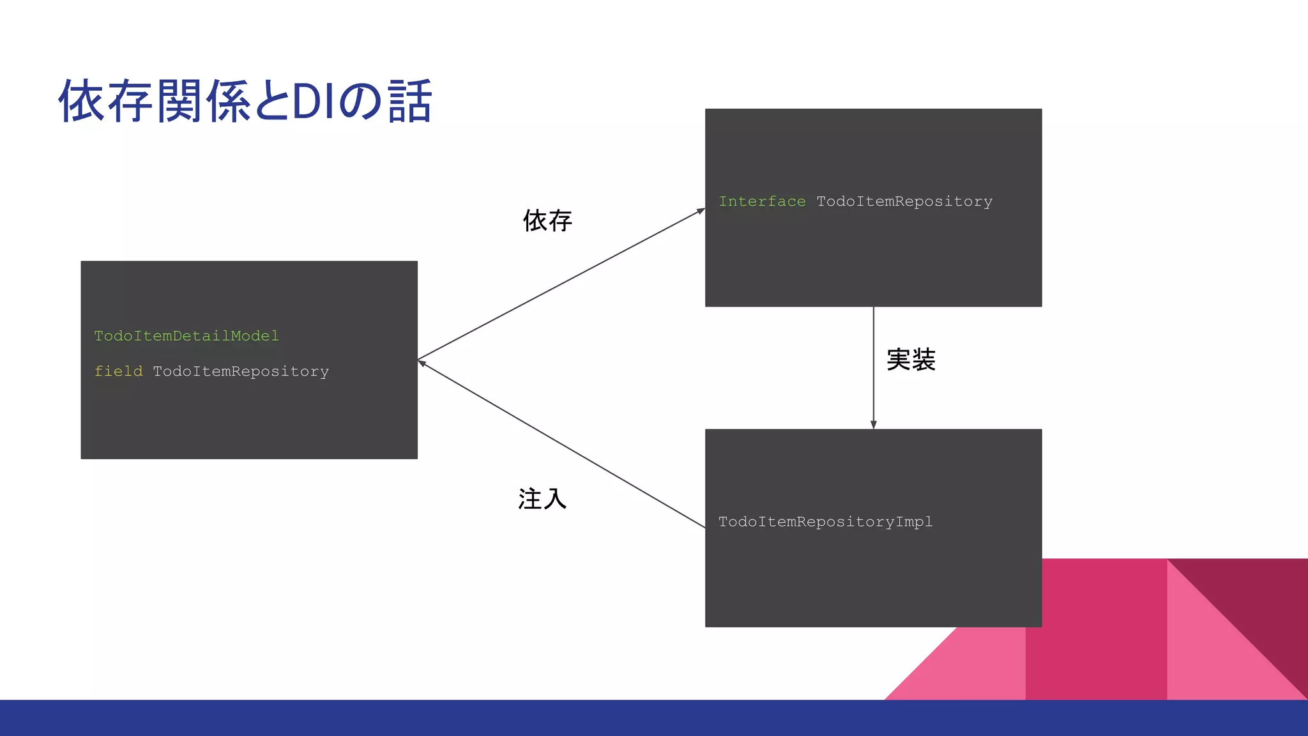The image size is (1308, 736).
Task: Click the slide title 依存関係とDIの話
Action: click(245, 101)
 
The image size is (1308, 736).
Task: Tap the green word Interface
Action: click(762, 202)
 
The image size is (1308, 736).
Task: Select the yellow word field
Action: click(118, 371)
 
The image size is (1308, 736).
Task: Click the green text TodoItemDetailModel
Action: click(186, 336)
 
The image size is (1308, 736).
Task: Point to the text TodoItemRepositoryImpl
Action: click(825, 522)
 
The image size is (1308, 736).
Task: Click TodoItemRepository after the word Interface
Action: click(904, 202)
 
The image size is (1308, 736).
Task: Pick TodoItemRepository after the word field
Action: click(241, 371)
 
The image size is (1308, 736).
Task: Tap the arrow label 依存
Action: click(547, 221)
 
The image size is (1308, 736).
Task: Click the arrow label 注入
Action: click(542, 499)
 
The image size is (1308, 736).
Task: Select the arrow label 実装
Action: click(911, 360)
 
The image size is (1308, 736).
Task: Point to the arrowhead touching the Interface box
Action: click(701, 211)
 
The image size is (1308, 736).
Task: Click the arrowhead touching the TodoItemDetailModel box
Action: click(422, 362)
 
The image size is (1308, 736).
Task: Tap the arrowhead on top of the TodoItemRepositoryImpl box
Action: click(874, 425)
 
